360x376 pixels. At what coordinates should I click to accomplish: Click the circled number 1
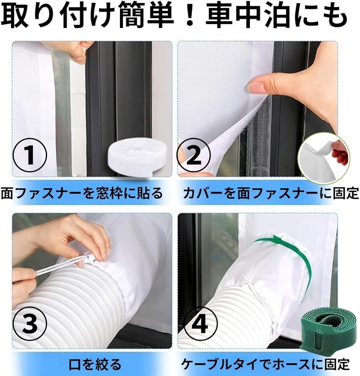click(x=30, y=155)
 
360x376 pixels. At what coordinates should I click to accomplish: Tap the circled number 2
click(x=194, y=155)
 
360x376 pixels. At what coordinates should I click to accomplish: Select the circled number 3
click(x=30, y=324)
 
